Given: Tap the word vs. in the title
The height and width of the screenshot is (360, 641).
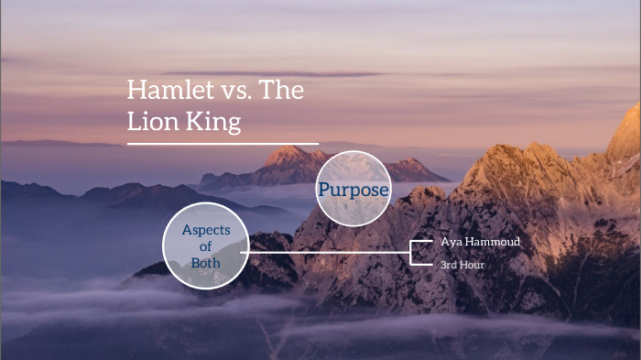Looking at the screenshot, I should pyautogui.click(x=224, y=91).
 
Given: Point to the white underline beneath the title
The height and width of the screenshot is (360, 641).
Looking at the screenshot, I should pyautogui.click(x=223, y=144).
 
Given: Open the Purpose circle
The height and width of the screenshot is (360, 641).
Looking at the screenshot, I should pyautogui.click(x=353, y=190).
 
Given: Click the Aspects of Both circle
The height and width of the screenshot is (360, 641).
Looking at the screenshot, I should pyautogui.click(x=206, y=245).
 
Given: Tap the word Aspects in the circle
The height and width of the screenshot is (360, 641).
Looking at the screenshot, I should pyautogui.click(x=206, y=229).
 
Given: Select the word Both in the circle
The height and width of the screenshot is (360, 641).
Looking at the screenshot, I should pyautogui.click(x=206, y=262).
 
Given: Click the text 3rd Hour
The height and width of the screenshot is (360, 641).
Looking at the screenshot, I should pyautogui.click(x=462, y=264).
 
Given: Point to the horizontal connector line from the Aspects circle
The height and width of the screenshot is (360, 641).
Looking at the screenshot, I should pyautogui.click(x=330, y=252).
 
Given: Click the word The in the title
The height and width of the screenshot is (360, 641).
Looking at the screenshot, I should pyautogui.click(x=282, y=91).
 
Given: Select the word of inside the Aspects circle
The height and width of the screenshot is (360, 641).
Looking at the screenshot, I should pyautogui.click(x=206, y=245).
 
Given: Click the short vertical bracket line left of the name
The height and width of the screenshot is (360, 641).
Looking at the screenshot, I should pyautogui.click(x=411, y=252).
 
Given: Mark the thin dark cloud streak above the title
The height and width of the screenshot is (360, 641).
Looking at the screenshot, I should pyautogui.click(x=275, y=73).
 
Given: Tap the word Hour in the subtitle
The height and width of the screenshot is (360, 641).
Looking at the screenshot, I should pyautogui.click(x=472, y=264).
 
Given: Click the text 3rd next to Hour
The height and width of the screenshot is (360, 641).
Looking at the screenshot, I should pyautogui.click(x=449, y=264).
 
